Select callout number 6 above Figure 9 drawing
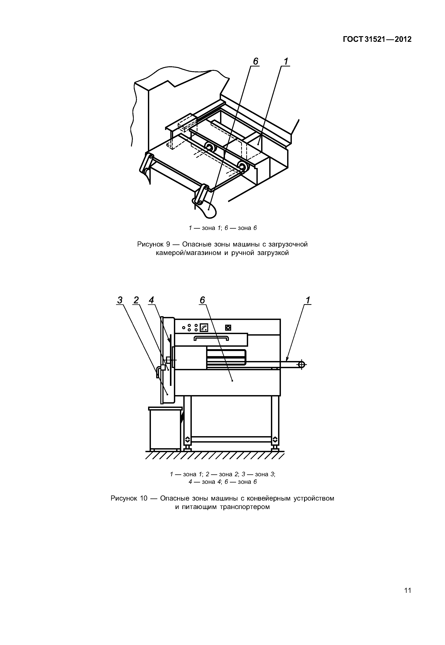coord(255,61)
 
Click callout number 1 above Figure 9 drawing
coord(286,61)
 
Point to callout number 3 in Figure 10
coord(120,300)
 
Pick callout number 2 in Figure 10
coord(136,300)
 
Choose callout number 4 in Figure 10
coord(151,300)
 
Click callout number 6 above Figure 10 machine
coord(202,300)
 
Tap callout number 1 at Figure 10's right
coord(308,300)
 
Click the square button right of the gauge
coord(228,328)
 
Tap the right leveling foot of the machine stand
coord(275,447)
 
